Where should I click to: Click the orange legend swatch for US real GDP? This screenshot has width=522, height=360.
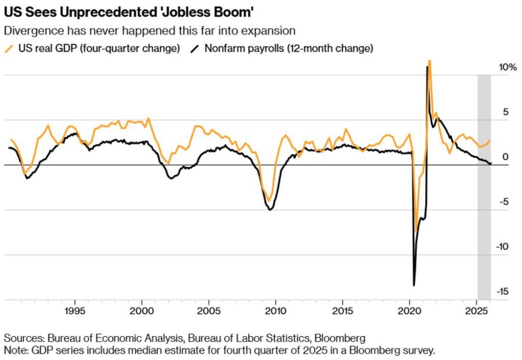click(x=9, y=49)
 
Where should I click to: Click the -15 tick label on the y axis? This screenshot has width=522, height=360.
click(x=504, y=291)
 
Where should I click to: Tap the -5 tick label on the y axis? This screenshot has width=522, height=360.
click(x=504, y=202)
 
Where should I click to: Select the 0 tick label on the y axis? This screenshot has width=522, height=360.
click(x=506, y=157)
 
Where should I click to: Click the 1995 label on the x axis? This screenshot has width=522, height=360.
click(x=75, y=311)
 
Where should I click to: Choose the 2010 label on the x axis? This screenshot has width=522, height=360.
click(x=276, y=311)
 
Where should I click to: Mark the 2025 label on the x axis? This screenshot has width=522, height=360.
click(x=477, y=311)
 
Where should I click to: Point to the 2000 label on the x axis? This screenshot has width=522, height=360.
click(x=142, y=311)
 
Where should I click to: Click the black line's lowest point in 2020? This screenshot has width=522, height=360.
click(x=414, y=285)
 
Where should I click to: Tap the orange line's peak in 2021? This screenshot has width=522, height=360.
click(x=429, y=61)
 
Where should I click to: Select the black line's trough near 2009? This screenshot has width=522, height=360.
click(x=270, y=210)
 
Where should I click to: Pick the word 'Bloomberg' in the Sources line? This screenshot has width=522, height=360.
click(x=340, y=338)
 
